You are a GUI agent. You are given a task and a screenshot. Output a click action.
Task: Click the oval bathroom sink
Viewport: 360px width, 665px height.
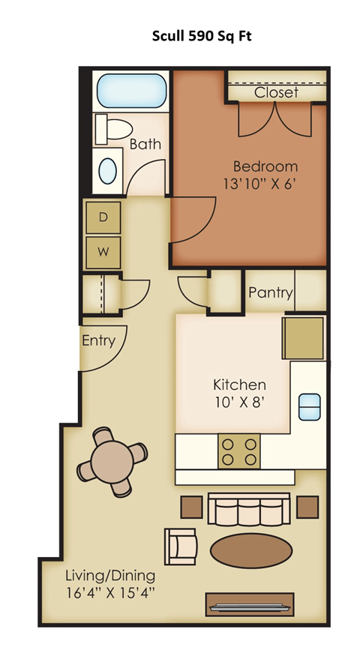point(109,169)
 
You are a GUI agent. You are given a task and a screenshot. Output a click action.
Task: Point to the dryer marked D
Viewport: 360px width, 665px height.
point(104,218)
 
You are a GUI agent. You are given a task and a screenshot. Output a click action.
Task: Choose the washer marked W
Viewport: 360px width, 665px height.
point(104,253)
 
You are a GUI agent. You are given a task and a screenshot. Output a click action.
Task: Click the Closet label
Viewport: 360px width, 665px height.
point(276,92)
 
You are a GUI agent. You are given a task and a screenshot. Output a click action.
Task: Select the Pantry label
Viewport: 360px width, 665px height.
point(270,292)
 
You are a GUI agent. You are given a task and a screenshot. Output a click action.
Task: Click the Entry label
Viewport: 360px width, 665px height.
point(98,341)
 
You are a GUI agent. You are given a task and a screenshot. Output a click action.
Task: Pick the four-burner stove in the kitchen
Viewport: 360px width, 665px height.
point(238,451)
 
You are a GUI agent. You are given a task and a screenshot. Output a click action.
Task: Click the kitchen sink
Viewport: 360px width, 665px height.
point(310,406)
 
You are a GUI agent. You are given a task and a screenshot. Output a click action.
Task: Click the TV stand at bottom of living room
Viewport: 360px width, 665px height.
point(250,604)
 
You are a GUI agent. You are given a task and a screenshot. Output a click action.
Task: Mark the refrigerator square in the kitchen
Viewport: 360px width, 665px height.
point(303,338)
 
